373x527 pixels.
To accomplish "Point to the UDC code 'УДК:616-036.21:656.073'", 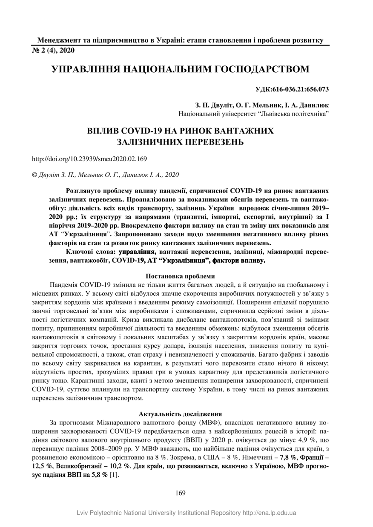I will click(292, 89).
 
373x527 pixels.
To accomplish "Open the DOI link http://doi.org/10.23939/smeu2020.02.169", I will click(89, 159).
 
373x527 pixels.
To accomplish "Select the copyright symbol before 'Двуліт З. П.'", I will click(35, 175).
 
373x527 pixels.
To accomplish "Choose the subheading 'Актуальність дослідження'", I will click(180, 413).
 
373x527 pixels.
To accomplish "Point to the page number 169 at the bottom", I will click(181, 493).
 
